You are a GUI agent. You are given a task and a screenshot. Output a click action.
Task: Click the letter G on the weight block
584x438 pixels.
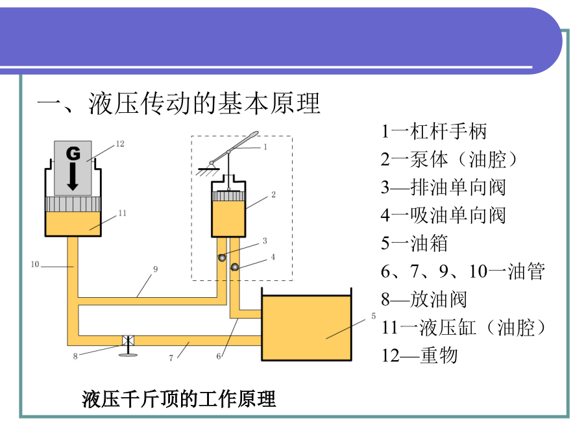[x=73, y=154]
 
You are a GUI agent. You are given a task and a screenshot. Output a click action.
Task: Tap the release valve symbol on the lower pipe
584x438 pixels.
[x=127, y=341]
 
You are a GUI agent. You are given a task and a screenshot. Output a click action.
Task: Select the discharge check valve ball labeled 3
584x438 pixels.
[x=222, y=258]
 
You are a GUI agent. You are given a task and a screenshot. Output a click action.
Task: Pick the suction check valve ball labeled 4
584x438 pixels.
[x=235, y=267]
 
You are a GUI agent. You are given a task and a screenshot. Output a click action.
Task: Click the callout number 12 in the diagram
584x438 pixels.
[x=119, y=145]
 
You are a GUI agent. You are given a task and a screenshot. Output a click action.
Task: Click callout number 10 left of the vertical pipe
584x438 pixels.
[x=35, y=264]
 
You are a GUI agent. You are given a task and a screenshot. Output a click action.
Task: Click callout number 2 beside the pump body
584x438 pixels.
[x=273, y=194]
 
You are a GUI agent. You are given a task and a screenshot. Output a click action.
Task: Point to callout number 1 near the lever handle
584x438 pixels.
[x=265, y=147]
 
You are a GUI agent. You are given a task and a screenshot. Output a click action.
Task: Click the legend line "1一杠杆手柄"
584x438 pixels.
[x=433, y=132]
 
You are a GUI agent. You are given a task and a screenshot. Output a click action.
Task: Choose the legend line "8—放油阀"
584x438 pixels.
[x=424, y=299]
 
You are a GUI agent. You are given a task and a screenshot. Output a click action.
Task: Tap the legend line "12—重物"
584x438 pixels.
[x=419, y=355]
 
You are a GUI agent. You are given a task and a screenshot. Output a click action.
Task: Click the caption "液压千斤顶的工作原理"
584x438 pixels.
[x=179, y=399]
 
